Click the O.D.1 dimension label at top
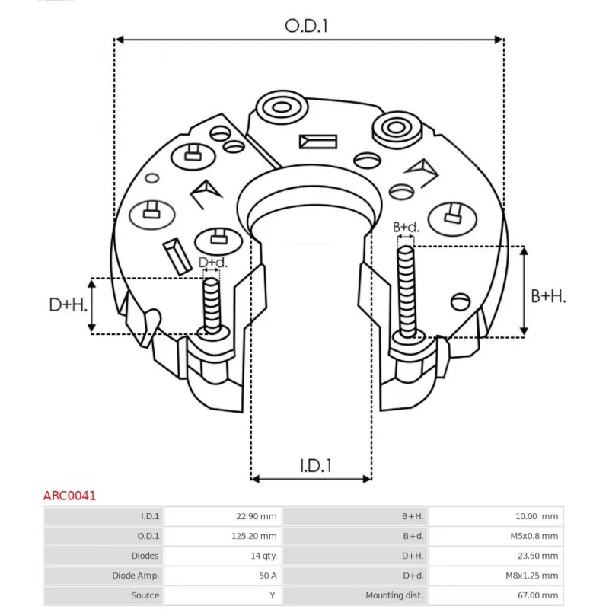coord(306,26)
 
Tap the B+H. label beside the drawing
coord(548,297)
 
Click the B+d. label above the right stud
coord(406,227)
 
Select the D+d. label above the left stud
coord(213,263)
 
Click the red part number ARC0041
coord(69,496)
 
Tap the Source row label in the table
coord(145,595)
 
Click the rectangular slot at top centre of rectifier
coord(318,142)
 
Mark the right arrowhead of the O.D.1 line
coord(499,40)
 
